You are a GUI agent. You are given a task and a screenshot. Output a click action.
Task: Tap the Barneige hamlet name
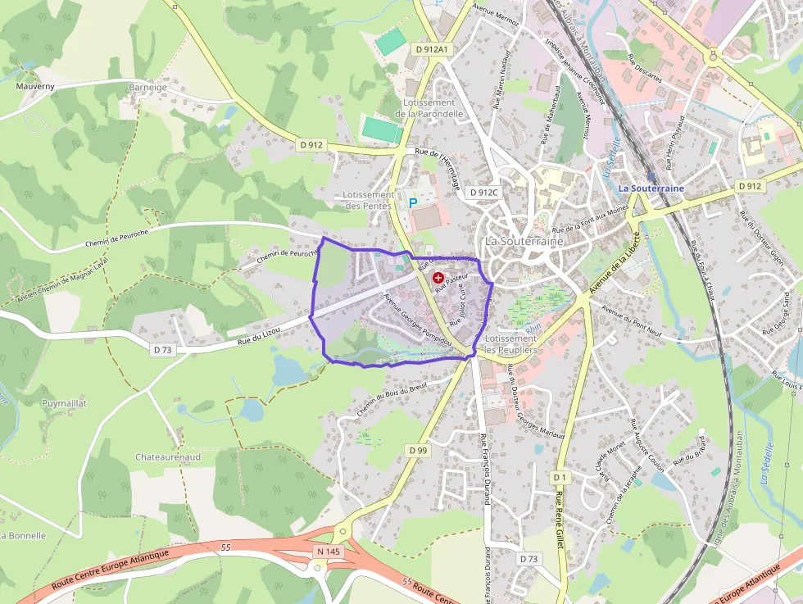point(147,87)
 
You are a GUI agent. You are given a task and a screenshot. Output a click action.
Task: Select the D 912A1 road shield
point(432,49)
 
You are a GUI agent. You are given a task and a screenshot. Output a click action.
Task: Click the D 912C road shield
point(484,193)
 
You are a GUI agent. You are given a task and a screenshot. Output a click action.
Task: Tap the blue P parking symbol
point(413,202)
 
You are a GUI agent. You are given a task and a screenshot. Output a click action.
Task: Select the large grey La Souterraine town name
point(524,242)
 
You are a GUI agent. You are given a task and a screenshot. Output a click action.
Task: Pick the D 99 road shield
point(417,450)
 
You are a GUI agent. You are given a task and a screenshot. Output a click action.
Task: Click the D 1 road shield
point(560,477)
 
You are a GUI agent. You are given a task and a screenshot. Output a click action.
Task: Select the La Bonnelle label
point(22,535)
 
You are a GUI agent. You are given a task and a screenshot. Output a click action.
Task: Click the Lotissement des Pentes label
point(370,200)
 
